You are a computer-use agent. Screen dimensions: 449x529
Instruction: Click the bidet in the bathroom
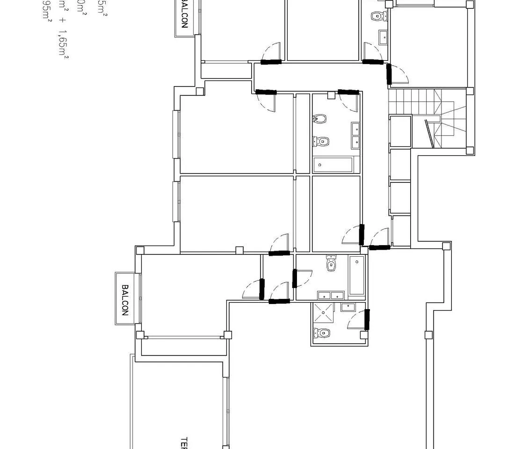tap(319, 119)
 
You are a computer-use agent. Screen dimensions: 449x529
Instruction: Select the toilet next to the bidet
tap(321, 140)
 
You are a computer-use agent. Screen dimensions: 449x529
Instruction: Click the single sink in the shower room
tap(347, 307)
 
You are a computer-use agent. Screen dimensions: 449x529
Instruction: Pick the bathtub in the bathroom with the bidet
tap(333, 164)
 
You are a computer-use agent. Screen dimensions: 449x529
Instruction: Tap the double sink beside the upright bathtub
tap(331, 295)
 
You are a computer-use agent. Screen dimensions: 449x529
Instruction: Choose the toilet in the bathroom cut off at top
tap(377, 16)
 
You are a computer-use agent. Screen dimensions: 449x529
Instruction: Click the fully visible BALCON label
tap(125, 299)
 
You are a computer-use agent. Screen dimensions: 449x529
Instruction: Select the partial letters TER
tap(184, 443)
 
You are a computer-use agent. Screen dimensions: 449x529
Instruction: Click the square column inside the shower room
tap(363, 335)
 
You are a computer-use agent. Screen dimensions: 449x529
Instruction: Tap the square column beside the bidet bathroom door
tap(331, 95)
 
